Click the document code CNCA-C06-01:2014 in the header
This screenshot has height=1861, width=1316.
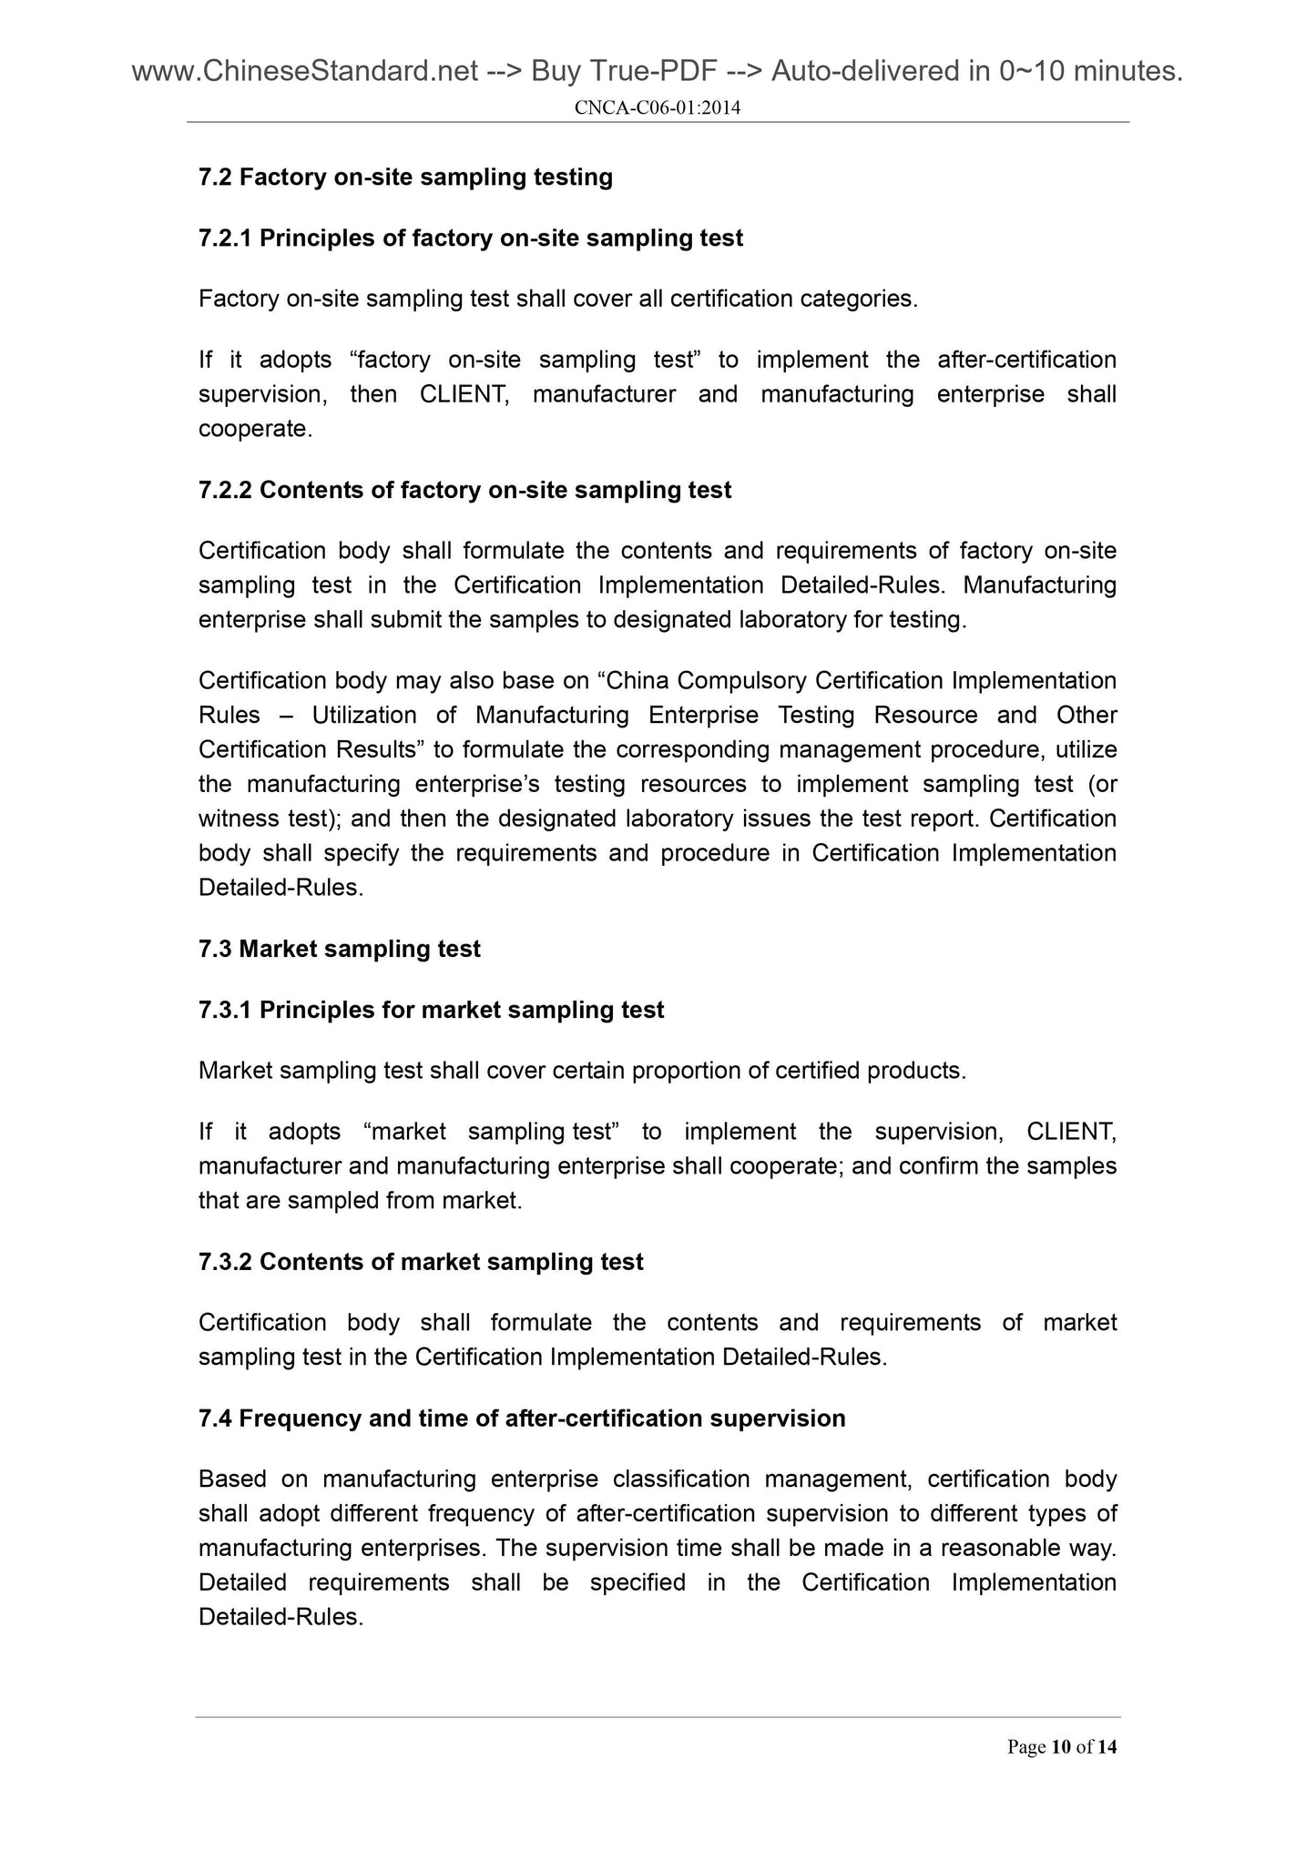(658, 108)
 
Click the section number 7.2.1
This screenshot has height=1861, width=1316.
(225, 239)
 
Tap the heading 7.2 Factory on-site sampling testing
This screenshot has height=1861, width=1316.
(405, 177)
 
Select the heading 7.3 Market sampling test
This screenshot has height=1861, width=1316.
(339, 949)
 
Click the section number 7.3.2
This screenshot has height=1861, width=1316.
(225, 1262)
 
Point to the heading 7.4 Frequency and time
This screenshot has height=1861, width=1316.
(521, 1419)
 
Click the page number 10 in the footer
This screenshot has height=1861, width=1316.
(1060, 1747)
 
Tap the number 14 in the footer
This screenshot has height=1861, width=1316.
(1107, 1747)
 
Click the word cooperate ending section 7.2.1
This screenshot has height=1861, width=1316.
(255, 429)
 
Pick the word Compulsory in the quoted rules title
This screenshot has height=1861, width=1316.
(742, 681)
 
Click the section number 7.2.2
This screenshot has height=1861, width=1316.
(225, 491)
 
